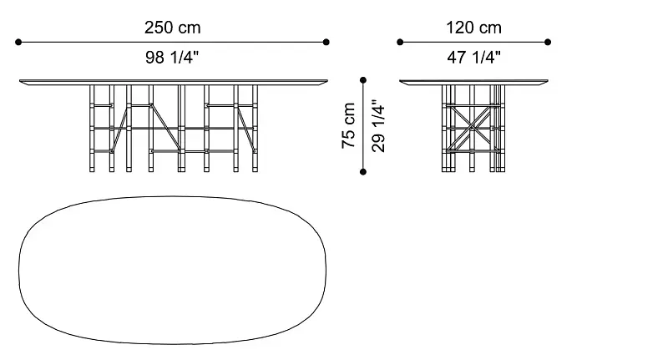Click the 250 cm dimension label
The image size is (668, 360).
pyautogui.click(x=172, y=28)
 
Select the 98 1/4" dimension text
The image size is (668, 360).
pyautogui.click(x=172, y=57)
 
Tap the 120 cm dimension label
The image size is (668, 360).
pyautogui.click(x=473, y=28)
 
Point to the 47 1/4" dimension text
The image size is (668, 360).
pyautogui.click(x=473, y=57)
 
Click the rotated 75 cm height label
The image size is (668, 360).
pyautogui.click(x=348, y=125)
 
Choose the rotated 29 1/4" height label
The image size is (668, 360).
pyautogui.click(x=378, y=126)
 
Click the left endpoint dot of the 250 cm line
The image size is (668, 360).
pyautogui.click(x=18, y=42)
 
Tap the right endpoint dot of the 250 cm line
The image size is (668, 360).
pyautogui.click(x=326, y=42)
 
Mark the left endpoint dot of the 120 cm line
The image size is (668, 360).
pyautogui.click(x=400, y=42)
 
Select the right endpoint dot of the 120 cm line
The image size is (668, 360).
pyautogui.click(x=548, y=42)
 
